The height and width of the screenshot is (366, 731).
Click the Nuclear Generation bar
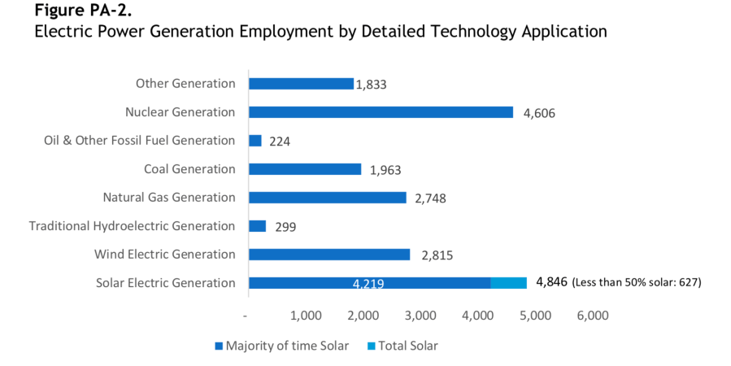[x=381, y=112]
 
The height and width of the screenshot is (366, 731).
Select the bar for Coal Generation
[x=305, y=169]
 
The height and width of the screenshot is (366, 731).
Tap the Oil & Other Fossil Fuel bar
[x=255, y=141]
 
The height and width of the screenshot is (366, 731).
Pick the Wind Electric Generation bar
[x=329, y=255]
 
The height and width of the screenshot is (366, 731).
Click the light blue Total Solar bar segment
[x=509, y=283]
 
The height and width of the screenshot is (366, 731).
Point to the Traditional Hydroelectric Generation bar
[x=258, y=226]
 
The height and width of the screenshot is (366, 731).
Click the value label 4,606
[x=539, y=114]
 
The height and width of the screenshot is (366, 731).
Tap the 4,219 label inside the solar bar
[x=368, y=284]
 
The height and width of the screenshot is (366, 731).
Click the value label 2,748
[x=430, y=198]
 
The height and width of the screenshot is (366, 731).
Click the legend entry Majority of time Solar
[x=281, y=346]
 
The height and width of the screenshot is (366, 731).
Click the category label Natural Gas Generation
[x=169, y=198]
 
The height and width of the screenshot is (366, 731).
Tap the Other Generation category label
[x=185, y=84]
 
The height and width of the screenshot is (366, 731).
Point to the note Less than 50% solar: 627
[x=637, y=283]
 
